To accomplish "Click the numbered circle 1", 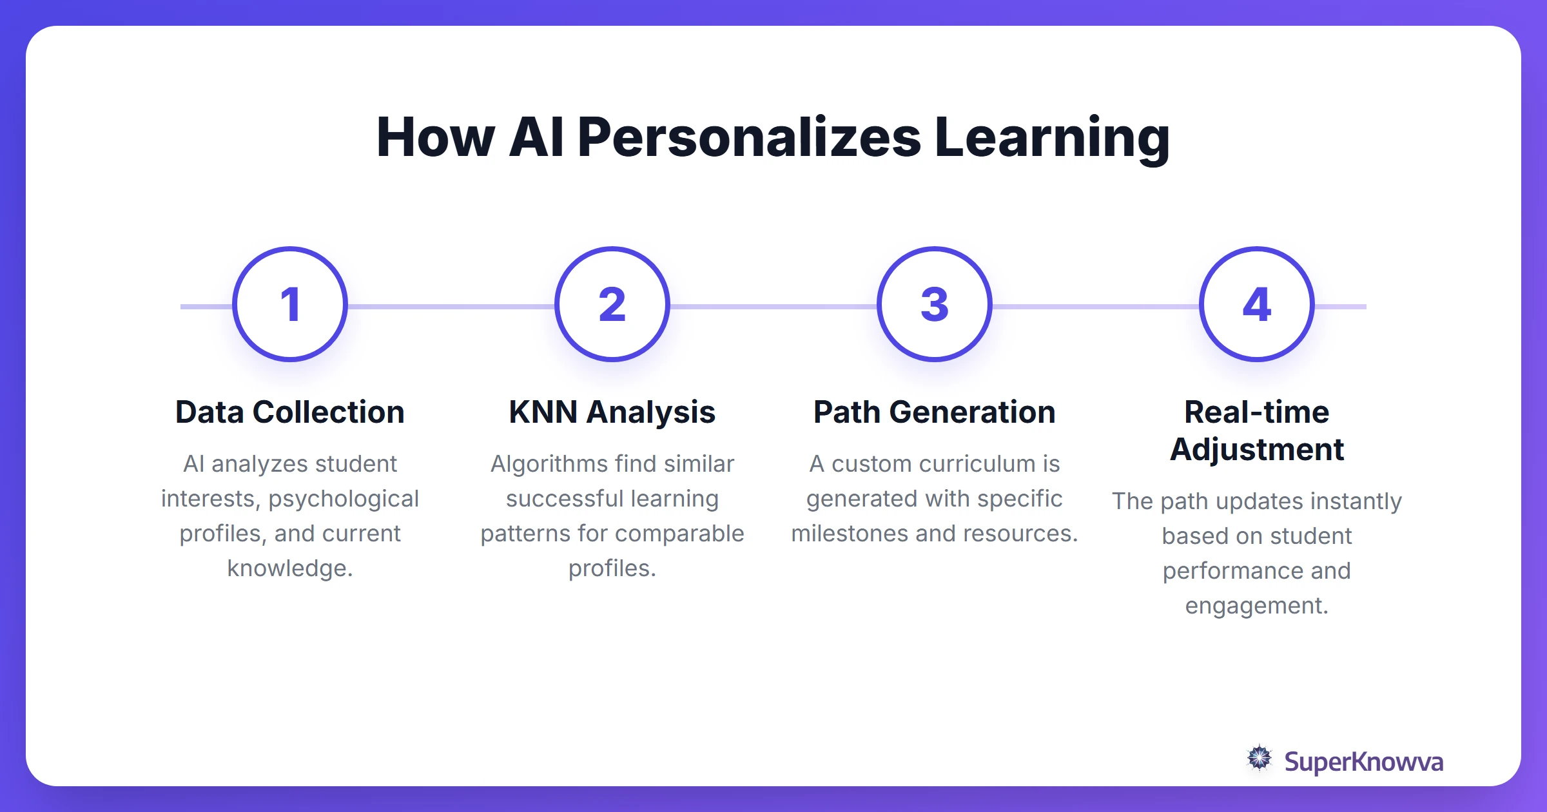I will (x=290, y=304).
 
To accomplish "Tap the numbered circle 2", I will (x=612, y=304).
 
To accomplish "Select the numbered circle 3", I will (x=935, y=304).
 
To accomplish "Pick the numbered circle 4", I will (x=1257, y=304).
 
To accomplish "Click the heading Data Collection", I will (x=290, y=412).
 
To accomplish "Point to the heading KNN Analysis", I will (x=612, y=412).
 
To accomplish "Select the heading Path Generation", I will (x=935, y=412).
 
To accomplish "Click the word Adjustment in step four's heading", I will (x=1257, y=449).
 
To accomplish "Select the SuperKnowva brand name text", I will (x=1363, y=762).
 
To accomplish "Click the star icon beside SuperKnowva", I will (x=1259, y=758).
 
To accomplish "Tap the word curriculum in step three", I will (x=964, y=464).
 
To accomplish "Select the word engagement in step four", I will (x=1256, y=606).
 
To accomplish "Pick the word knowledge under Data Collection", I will (x=290, y=568).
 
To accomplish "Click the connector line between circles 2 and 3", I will (x=773, y=307).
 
